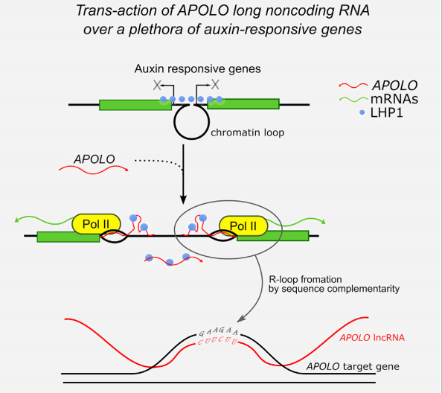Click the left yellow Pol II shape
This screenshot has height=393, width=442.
(x=97, y=224)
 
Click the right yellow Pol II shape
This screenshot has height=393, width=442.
(x=243, y=226)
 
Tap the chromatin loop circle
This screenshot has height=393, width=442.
(x=175, y=122)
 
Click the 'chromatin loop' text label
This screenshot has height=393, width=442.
(x=248, y=132)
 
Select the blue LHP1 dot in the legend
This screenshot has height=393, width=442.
(x=362, y=112)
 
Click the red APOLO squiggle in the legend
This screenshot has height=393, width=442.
(x=353, y=85)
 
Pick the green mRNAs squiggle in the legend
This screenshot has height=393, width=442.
(x=353, y=99)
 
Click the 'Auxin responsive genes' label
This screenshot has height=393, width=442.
(x=198, y=68)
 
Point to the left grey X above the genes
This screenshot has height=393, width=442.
(x=157, y=85)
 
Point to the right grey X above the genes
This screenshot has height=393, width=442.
(x=215, y=84)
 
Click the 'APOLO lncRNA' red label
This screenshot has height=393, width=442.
(x=372, y=337)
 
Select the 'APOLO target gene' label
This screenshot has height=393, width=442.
(x=353, y=366)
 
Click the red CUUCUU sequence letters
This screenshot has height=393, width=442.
(x=217, y=341)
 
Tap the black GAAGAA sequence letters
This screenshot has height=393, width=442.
(x=219, y=331)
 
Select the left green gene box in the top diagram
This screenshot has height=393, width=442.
(x=135, y=105)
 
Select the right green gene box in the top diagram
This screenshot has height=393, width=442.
(x=243, y=103)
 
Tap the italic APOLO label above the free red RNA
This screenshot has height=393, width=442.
(x=95, y=159)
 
